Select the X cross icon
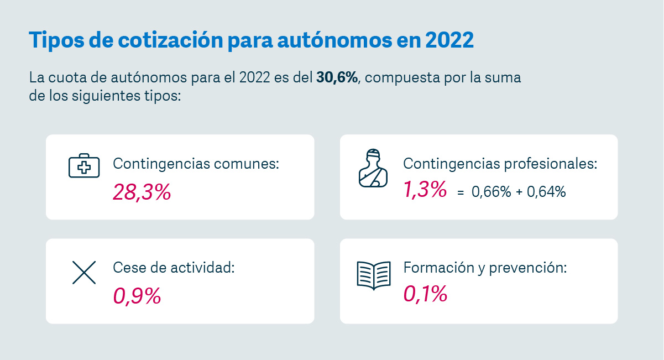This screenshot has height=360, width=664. click(84, 272)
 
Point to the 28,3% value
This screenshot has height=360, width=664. click(142, 192)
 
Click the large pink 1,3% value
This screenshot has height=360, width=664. click(425, 190)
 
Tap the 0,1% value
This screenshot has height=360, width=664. click(425, 294)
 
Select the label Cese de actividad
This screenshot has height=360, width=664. click(174, 268)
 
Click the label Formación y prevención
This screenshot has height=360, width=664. click(485, 268)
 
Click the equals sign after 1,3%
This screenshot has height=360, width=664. click(460, 193)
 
